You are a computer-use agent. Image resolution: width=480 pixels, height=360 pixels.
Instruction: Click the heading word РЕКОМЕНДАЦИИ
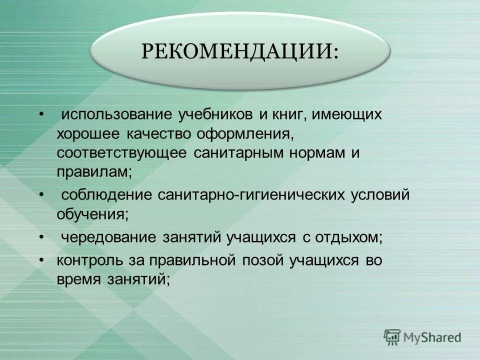tap(239, 51)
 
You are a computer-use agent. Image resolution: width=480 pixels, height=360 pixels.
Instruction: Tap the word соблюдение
tap(107, 194)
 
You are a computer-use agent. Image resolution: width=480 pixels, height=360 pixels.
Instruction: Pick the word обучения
tap(92, 213)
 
